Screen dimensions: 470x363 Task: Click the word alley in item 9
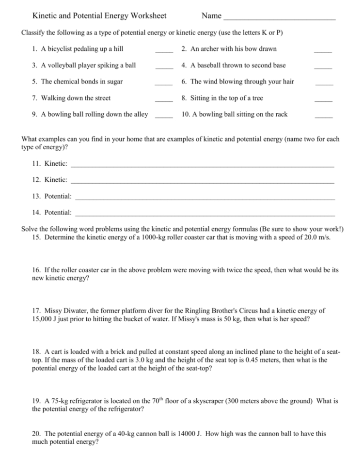point(140,114)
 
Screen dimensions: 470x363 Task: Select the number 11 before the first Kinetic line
point(36,164)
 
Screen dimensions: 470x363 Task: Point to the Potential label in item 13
point(58,196)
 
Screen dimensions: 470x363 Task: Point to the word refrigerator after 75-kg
point(89,401)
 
